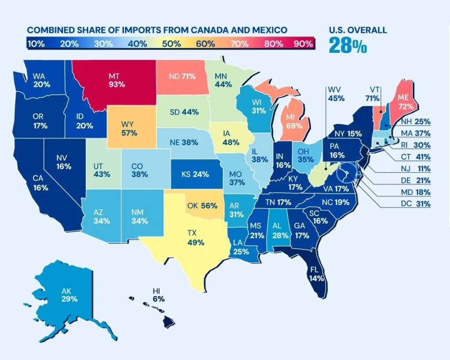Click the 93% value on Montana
click(x=117, y=84)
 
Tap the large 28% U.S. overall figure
click(x=347, y=45)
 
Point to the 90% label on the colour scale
click(x=303, y=44)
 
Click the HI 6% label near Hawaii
click(x=158, y=295)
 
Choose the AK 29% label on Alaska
click(x=70, y=295)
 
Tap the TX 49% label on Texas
click(x=196, y=238)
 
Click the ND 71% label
click(x=182, y=76)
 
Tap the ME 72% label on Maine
click(x=405, y=102)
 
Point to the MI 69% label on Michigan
click(x=294, y=122)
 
